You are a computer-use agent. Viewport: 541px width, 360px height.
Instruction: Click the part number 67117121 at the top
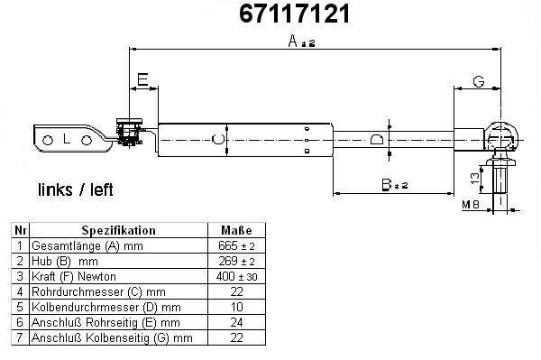tap(295, 14)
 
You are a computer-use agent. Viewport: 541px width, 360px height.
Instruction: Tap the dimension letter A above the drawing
tap(292, 42)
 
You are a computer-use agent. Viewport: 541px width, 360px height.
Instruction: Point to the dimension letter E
tap(142, 79)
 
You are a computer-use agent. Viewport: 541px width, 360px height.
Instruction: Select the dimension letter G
tap(479, 82)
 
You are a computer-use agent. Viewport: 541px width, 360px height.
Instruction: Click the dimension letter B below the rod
tap(387, 185)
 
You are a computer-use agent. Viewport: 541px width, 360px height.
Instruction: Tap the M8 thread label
tap(471, 205)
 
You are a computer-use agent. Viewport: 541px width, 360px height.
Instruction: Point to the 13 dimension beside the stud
tap(475, 178)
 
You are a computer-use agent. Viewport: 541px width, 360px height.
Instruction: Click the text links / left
tap(75, 189)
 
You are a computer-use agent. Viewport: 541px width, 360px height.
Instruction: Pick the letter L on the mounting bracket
tap(67, 140)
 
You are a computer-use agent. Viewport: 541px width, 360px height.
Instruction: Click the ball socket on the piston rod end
tap(501, 137)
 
